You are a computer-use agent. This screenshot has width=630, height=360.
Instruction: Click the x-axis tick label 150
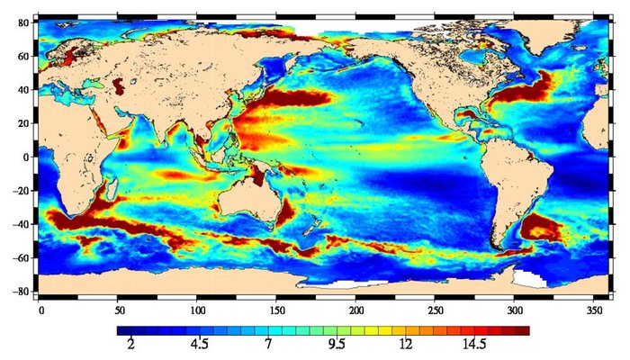[277, 309]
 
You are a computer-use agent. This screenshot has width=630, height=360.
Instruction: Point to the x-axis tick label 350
[592, 309]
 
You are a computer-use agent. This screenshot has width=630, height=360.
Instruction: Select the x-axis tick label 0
[40, 309]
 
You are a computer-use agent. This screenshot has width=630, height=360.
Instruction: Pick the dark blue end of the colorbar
[123, 330]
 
